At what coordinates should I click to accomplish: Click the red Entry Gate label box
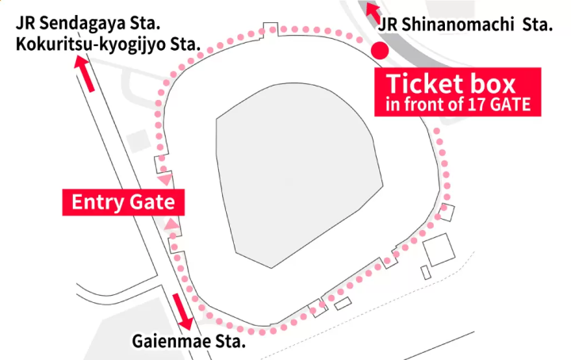(x=124, y=202)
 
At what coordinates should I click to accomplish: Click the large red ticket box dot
(x=380, y=52)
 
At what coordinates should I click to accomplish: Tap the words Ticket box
(x=450, y=83)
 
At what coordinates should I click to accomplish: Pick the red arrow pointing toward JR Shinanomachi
(x=371, y=11)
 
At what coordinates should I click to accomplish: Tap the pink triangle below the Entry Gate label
(x=170, y=227)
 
